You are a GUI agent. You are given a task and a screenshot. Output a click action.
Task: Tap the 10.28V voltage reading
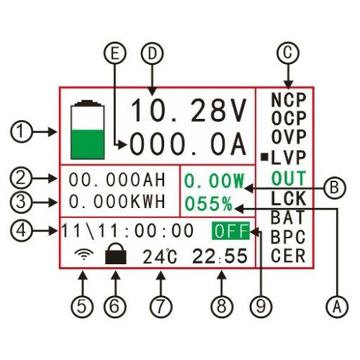tap(189, 111)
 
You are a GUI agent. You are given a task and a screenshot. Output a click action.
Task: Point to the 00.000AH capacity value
tap(117, 179)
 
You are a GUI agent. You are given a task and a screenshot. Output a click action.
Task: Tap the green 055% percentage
tap(207, 204)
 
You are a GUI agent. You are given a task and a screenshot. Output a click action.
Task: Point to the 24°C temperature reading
tap(160, 256)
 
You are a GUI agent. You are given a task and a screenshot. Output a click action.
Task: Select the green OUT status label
tap(288, 179)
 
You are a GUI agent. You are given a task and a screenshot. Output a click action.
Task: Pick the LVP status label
tap(288, 157)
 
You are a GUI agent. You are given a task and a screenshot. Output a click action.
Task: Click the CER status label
tap(288, 256)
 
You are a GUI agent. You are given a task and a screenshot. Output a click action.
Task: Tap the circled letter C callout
tap(288, 54)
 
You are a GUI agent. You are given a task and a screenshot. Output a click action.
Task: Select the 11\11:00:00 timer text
tap(128, 231)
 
